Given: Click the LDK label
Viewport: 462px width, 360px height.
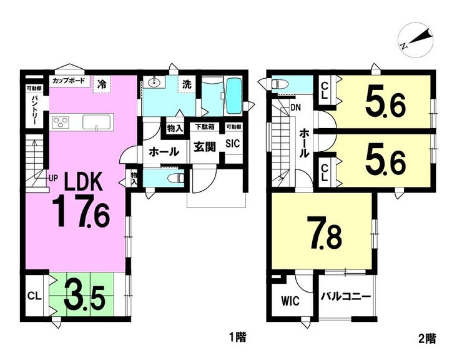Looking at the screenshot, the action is click(x=84, y=181).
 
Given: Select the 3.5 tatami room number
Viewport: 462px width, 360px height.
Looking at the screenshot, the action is click(x=84, y=296).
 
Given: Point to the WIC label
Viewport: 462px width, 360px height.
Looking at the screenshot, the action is click(x=290, y=301).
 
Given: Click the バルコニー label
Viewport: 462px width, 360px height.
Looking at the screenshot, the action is click(x=346, y=296).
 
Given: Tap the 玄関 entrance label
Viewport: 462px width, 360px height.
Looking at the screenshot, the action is click(x=204, y=147).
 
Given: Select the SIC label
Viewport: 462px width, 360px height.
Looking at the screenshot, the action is click(x=232, y=144).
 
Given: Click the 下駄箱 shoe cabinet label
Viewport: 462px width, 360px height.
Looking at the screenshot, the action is click(x=205, y=127).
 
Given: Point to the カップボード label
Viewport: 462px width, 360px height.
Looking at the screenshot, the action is click(x=69, y=81).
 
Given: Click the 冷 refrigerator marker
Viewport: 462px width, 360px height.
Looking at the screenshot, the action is click(x=102, y=85).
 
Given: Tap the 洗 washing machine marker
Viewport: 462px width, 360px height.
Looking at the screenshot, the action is click(x=187, y=84).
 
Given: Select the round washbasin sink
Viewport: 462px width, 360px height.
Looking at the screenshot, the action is click(x=154, y=82).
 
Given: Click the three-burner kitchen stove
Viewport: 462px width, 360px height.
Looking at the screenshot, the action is click(x=61, y=122).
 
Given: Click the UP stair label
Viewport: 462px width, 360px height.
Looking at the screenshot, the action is click(x=53, y=178).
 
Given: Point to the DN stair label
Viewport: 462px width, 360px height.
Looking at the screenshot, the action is click(x=295, y=107).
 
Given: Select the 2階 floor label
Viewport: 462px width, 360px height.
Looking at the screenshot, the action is click(x=427, y=339).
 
